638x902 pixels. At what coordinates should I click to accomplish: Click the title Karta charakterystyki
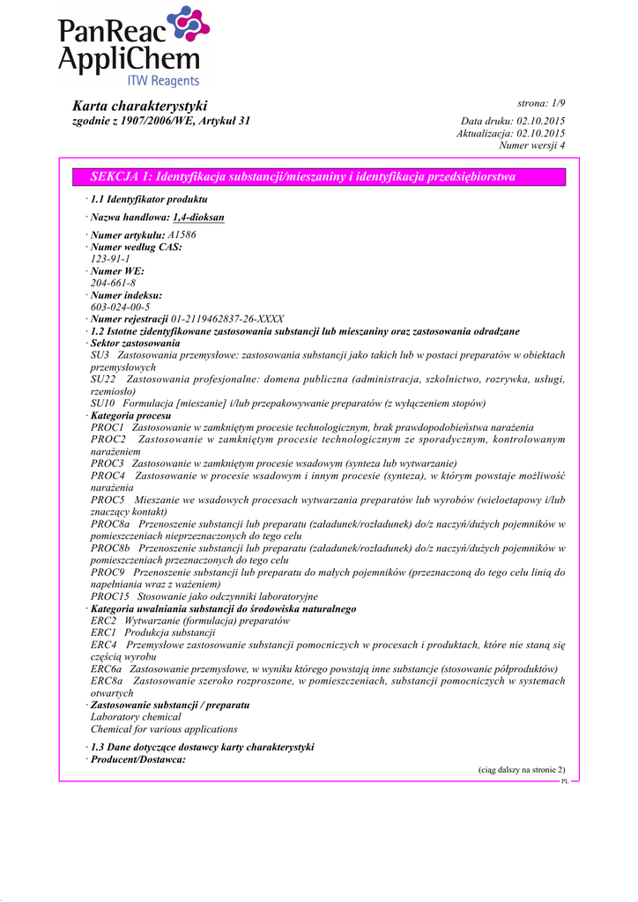click(x=139, y=106)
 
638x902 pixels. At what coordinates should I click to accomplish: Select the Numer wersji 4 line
click(x=531, y=145)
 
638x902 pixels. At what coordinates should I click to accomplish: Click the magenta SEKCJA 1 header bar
click(x=319, y=177)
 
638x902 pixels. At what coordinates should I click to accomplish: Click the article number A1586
click(x=182, y=235)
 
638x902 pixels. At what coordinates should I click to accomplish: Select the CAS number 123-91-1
click(x=110, y=259)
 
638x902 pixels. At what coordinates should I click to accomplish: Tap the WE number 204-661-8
click(x=113, y=283)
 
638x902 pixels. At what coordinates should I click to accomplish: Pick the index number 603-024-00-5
click(x=120, y=307)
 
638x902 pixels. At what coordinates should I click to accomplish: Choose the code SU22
click(x=104, y=380)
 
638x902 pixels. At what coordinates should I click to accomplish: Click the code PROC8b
click(x=108, y=548)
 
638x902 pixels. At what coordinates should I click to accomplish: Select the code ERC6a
click(x=106, y=669)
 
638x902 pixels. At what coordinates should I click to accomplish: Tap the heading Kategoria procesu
click(x=132, y=415)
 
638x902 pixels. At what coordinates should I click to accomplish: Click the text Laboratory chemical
click(x=136, y=717)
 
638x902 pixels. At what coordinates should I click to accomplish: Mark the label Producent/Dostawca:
click(x=138, y=759)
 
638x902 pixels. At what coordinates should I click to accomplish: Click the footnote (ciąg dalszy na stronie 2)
click(x=522, y=770)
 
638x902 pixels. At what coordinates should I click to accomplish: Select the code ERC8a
click(x=107, y=681)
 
